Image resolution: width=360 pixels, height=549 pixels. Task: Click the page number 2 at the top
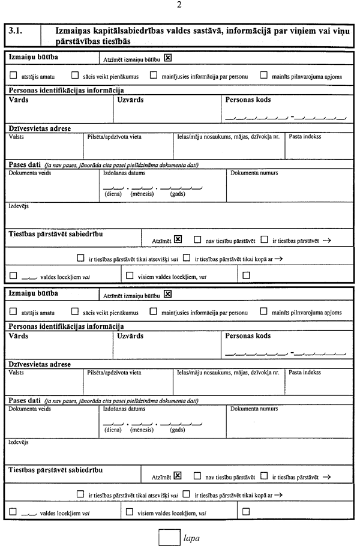click(x=179, y=5)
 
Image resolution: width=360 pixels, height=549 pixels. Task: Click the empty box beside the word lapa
click(x=169, y=537)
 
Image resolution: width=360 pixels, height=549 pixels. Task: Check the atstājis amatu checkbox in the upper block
click(x=13, y=76)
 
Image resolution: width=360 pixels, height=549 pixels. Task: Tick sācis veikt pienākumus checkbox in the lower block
click(x=74, y=312)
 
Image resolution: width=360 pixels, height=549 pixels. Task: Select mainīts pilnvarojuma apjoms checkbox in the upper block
click(x=264, y=76)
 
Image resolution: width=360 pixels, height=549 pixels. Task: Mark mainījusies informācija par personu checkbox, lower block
click(x=154, y=312)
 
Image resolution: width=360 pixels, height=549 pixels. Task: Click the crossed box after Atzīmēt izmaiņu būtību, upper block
click(x=168, y=58)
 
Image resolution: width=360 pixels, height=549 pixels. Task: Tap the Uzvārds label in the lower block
click(x=131, y=336)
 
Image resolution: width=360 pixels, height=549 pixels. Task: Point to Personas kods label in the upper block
click(x=248, y=100)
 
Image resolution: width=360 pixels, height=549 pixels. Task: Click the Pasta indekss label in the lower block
click(x=305, y=373)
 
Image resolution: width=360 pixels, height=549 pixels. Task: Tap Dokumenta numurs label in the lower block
click(x=254, y=409)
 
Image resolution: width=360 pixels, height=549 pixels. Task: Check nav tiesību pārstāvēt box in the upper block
click(x=197, y=239)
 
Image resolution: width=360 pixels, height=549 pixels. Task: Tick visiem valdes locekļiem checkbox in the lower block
click(x=129, y=512)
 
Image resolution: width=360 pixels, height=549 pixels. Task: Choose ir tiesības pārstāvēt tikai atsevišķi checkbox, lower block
click(x=80, y=494)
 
